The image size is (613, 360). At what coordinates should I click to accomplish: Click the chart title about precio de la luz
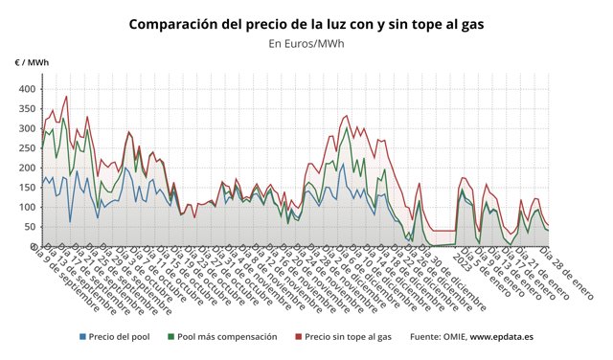point(306,23)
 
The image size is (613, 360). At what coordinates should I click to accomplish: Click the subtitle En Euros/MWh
point(306,43)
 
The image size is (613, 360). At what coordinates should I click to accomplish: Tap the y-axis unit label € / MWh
point(32,62)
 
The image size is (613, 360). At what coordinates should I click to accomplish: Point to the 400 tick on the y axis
point(26,89)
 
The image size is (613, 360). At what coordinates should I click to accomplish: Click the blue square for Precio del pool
point(82,337)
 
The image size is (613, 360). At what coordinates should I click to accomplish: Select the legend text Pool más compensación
point(227,337)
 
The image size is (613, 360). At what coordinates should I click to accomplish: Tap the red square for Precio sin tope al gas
point(298,337)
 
